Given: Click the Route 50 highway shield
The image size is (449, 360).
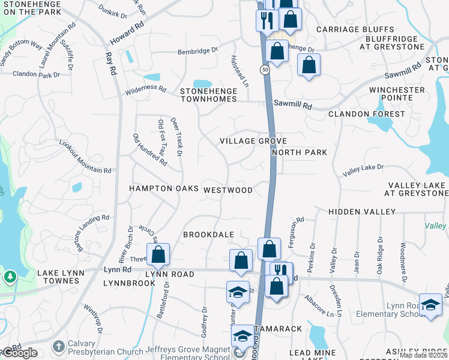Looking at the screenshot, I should (265, 70).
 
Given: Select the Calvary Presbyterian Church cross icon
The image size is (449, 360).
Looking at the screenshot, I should (58, 346).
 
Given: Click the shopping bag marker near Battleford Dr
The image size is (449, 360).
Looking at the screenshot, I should (158, 254).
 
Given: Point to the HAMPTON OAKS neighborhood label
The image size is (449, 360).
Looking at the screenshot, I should (164, 188).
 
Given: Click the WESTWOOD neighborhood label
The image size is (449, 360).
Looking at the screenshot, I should (228, 190).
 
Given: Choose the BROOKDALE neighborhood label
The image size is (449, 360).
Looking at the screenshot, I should (208, 235).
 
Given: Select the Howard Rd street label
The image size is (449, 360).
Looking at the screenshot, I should (127, 34).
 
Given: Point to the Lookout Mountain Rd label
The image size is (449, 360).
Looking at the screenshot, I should (85, 157).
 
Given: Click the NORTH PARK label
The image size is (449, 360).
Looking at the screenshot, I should (300, 152).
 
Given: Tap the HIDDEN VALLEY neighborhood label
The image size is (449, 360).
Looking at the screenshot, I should (362, 212).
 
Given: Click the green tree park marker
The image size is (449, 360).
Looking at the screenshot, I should (10, 277).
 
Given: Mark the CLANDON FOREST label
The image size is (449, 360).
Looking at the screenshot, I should (367, 114).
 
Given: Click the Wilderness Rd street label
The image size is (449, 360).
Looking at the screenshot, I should (145, 89).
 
